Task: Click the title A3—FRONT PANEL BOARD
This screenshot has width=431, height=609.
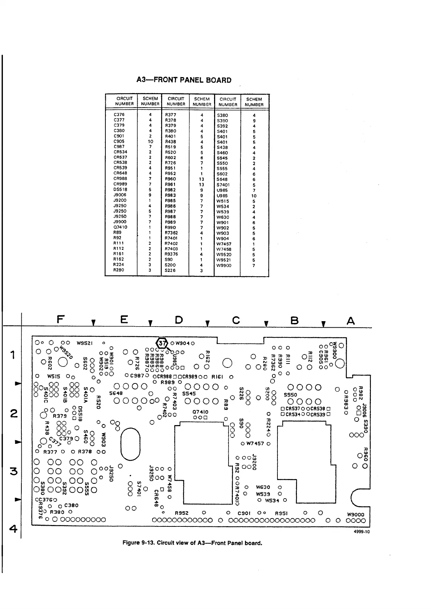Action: (x=184, y=80)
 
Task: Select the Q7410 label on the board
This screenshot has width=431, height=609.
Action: (x=200, y=412)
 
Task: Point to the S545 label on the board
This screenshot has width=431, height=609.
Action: (x=189, y=393)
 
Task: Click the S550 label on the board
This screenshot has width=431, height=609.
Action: (x=290, y=395)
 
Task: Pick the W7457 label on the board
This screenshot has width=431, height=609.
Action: (x=255, y=444)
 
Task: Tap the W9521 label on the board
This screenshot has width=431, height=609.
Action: (x=85, y=343)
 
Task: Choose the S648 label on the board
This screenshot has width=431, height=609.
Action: (x=116, y=393)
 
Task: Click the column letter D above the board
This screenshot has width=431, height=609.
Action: (x=179, y=320)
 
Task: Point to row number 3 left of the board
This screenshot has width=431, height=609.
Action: (x=14, y=472)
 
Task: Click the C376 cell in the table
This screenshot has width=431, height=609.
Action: (x=119, y=115)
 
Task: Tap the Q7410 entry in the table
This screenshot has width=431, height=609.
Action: (x=120, y=227)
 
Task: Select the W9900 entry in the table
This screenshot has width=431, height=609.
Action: (x=224, y=265)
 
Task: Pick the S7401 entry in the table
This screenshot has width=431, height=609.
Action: (x=223, y=185)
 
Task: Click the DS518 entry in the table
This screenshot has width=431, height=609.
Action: (x=120, y=189)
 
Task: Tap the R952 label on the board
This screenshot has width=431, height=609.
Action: (x=181, y=513)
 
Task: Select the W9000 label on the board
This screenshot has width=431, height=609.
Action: (x=355, y=514)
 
